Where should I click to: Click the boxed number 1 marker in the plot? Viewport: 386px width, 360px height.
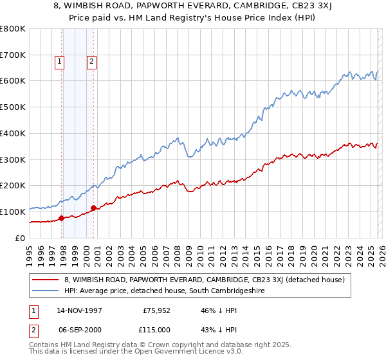pyautogui.click(x=59, y=62)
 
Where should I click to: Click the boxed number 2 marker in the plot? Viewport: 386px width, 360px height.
pyautogui.click(x=91, y=62)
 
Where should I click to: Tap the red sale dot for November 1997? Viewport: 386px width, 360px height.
pyautogui.click(x=62, y=218)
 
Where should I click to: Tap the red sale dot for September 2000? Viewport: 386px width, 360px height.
pyautogui.click(x=94, y=208)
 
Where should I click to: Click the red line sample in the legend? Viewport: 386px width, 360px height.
pyautogui.click(x=45, y=280)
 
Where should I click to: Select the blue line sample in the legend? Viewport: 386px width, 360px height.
pyautogui.click(x=45, y=291)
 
